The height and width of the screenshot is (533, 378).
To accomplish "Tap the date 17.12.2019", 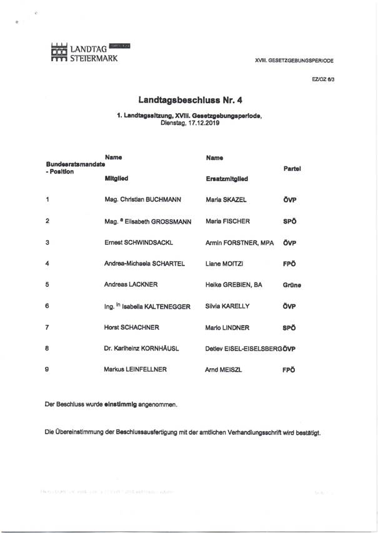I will coord(203,123).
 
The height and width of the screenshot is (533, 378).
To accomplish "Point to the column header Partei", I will coord(292,169).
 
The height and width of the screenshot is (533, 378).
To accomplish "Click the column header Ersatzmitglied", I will coord(227,179).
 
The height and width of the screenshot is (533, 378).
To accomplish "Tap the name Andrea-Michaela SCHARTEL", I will coord(145,263).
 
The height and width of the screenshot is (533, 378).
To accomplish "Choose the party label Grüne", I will coord(292,285).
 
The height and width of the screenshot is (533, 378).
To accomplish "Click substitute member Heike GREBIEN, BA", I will coord(234,284).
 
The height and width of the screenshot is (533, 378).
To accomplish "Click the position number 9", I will coord(48,369).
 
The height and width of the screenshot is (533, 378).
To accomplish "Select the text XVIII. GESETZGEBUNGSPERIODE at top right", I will coord(294,61).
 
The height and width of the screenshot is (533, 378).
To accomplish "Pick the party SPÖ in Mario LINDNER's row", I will coord(289,327).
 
